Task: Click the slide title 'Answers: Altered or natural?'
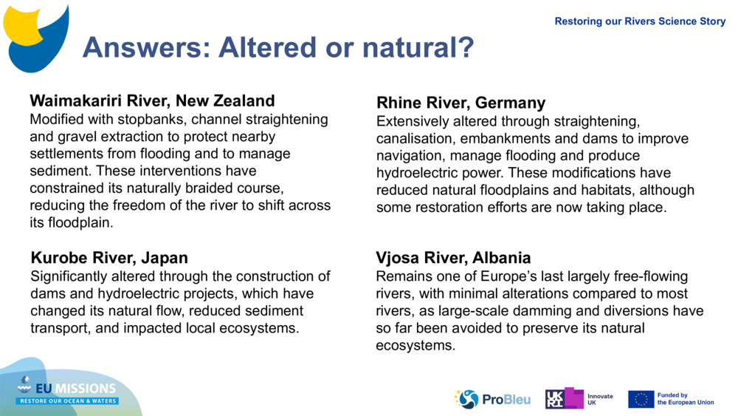pos(277,48)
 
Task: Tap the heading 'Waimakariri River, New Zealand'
pos(152,101)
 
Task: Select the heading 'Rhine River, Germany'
pos(461,103)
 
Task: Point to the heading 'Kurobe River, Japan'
pos(109,258)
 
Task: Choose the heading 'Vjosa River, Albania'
pos(453,258)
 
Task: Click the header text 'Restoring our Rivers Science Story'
pos(640,21)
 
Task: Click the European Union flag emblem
pos(641,399)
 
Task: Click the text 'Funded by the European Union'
pos(685,399)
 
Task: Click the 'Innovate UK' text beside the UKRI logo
pos(599,400)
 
